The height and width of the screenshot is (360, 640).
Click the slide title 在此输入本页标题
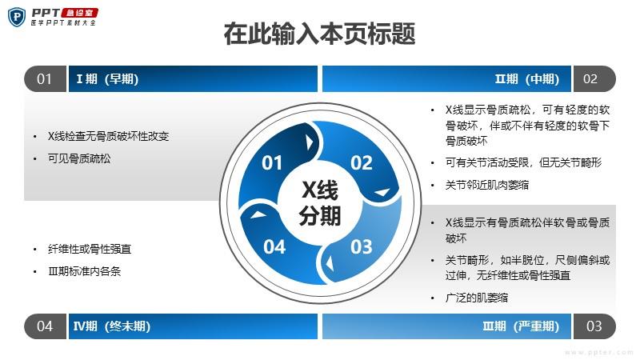(x=319, y=34)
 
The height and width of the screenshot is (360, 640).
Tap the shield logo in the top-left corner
(x=17, y=17)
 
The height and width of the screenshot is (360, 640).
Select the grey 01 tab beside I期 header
(x=45, y=78)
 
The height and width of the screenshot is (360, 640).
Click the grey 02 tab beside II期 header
(x=594, y=78)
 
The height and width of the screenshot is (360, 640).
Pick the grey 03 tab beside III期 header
(x=594, y=326)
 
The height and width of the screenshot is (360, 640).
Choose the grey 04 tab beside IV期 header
(x=45, y=326)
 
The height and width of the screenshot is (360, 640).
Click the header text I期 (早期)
(x=107, y=78)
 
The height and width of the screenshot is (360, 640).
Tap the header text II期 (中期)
(x=527, y=78)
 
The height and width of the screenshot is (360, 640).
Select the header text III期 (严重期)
(x=521, y=326)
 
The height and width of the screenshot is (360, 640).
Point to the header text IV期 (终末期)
(x=112, y=326)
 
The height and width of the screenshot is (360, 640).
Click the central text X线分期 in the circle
(x=319, y=203)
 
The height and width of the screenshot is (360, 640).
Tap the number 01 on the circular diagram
(x=272, y=163)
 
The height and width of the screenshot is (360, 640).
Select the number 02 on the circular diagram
(x=362, y=163)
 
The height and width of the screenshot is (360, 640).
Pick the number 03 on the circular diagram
(x=362, y=247)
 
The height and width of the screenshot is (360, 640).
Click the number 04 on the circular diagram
(x=274, y=247)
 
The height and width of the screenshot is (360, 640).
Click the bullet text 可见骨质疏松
(x=79, y=158)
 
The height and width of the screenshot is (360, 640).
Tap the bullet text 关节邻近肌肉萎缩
(x=487, y=185)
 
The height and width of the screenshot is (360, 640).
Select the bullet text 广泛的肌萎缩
(x=477, y=298)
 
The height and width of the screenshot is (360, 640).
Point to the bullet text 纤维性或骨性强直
(x=90, y=249)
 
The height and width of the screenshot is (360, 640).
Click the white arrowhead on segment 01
(x=310, y=142)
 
